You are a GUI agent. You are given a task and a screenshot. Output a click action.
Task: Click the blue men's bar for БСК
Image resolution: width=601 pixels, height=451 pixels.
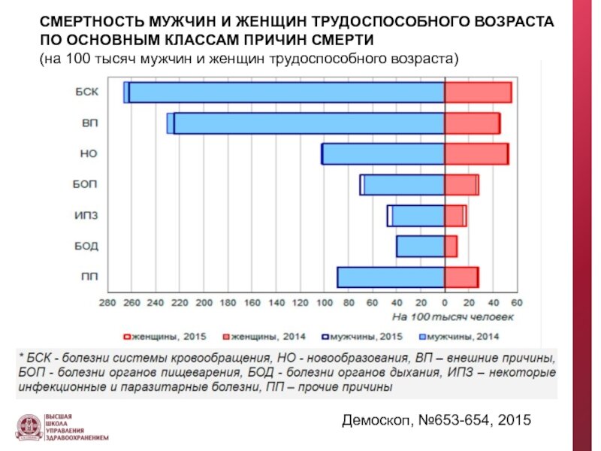point(285,92)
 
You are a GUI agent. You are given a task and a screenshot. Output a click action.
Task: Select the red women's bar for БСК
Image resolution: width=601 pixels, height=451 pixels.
point(478,92)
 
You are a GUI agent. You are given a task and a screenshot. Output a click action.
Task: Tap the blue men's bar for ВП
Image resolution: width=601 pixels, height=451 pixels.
point(308,123)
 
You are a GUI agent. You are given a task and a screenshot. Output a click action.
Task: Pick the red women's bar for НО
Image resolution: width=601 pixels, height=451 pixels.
point(476,154)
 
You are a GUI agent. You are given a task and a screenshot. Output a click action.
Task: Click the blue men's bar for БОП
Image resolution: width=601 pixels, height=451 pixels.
point(403,185)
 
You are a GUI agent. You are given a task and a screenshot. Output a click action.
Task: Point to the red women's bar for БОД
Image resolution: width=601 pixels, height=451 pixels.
point(451,247)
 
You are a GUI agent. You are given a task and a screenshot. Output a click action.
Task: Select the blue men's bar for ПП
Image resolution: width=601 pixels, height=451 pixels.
point(391,277)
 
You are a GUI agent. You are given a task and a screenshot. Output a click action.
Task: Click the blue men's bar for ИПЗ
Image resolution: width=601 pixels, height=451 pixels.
point(417,216)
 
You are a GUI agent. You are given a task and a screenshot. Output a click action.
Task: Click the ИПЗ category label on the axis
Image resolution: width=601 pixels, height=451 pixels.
point(86,216)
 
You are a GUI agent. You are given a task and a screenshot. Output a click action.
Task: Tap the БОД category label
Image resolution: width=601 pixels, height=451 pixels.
point(86,247)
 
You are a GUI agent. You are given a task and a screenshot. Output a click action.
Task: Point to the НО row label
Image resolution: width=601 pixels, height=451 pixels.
point(88,154)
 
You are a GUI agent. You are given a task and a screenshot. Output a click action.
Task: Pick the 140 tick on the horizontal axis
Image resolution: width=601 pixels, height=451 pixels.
point(276,303)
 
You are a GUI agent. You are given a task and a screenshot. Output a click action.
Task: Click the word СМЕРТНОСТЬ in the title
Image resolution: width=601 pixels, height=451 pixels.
point(89,23)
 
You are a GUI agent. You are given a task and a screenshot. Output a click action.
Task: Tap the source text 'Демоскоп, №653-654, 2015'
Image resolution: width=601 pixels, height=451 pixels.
point(436,419)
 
